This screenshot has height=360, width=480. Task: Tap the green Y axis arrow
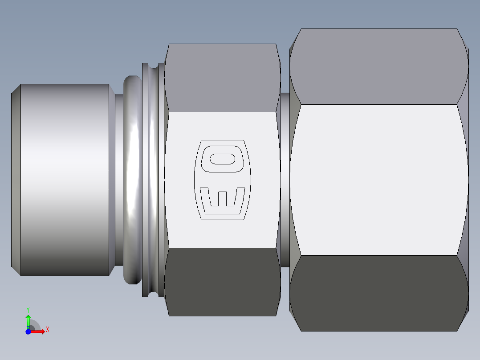click(28, 320)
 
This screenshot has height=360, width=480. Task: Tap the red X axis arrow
click(38, 331)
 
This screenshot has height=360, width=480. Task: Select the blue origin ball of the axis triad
click(28, 331)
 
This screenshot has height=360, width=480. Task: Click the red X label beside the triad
click(48, 330)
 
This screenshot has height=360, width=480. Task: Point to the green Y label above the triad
click(28, 309)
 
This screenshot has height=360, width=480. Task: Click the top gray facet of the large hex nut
click(378, 67)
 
